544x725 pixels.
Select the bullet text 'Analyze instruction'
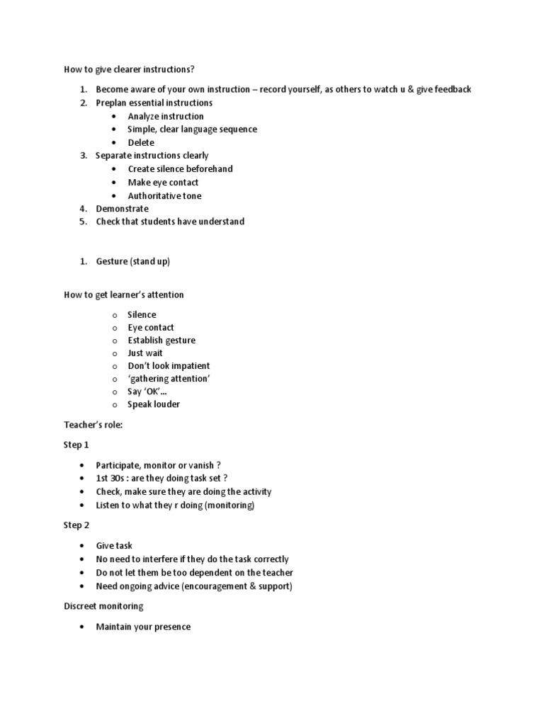point(166,116)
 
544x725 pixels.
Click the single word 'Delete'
point(141,142)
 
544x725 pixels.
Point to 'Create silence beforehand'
point(180,169)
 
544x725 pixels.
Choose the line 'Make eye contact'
point(163,182)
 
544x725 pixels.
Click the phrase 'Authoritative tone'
point(164,195)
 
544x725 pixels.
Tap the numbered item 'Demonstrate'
point(123,209)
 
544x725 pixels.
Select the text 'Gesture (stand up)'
point(133,261)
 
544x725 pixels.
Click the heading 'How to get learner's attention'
point(124,295)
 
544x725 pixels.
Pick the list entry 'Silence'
point(142,314)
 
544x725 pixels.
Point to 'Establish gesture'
point(161,341)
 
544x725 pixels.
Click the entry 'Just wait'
point(145,353)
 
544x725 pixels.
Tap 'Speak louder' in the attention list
point(154,404)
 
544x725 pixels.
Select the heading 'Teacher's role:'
point(93,425)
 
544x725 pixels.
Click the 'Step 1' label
point(76,445)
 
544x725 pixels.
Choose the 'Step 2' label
point(76,525)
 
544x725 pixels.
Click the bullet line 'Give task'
point(114,546)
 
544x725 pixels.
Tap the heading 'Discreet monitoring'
point(103,606)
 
